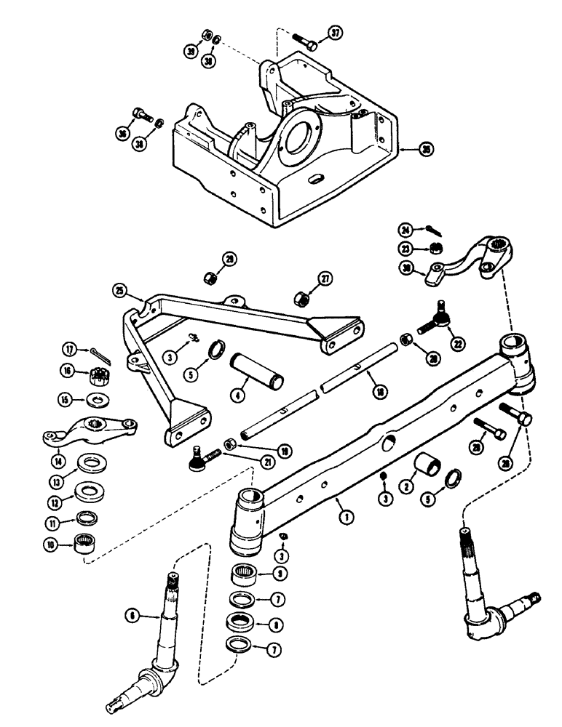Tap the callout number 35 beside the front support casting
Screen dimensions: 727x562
click(x=426, y=150)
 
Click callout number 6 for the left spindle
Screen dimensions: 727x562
click(x=132, y=615)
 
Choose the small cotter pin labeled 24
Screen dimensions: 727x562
click(x=437, y=231)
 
